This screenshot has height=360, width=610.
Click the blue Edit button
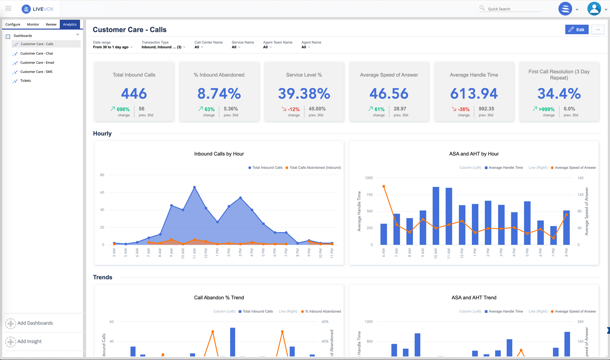point(576,30)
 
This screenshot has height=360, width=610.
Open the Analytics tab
point(70,24)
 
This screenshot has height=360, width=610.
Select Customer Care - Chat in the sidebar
point(37,53)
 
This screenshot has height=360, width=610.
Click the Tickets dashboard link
point(26,81)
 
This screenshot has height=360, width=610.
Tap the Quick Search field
point(512,9)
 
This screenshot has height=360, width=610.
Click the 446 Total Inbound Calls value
point(134,94)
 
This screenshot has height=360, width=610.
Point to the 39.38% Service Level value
point(304,94)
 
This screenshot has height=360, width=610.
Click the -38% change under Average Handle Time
point(463,109)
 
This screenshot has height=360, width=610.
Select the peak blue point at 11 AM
point(194,187)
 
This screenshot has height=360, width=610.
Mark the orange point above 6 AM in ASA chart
point(384,186)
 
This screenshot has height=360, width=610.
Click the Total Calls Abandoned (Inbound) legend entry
point(315,168)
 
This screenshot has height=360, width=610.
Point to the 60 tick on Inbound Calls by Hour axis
point(102,192)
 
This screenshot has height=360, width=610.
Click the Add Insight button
point(29,341)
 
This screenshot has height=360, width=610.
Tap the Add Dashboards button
point(35,323)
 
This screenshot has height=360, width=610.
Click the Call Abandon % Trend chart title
point(219,298)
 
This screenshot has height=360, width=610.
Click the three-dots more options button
point(598,30)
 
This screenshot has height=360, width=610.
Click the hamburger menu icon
point(8,9)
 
